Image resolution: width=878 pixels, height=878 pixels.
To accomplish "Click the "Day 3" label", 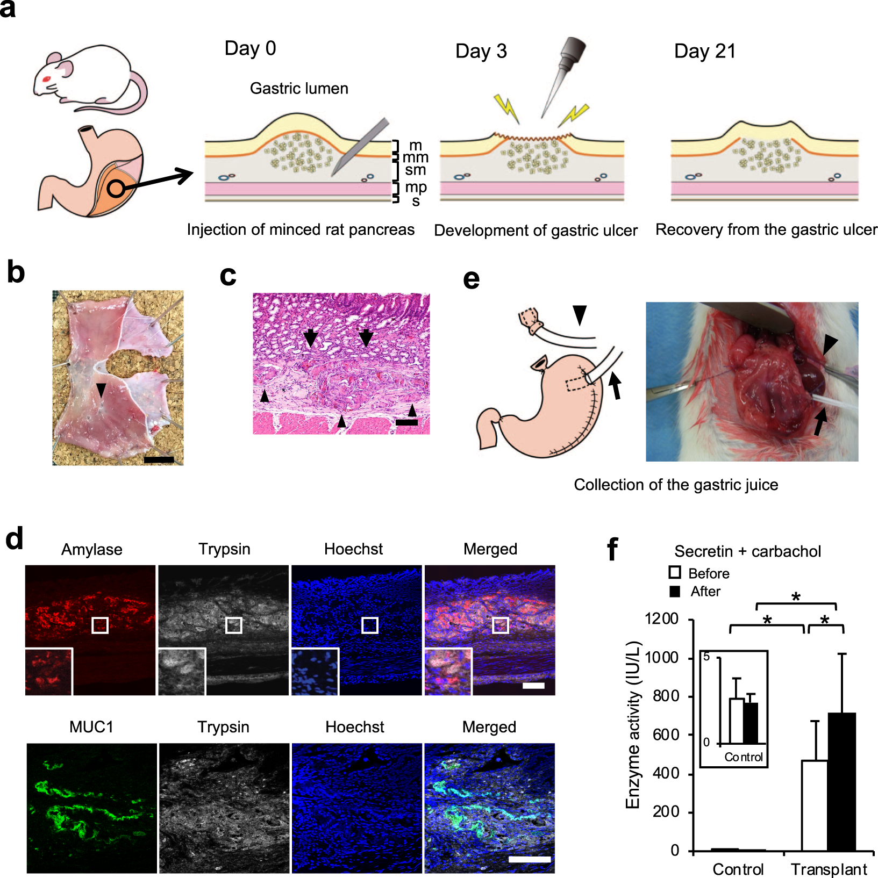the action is coord(481,51).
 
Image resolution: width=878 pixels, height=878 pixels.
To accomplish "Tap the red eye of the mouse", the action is coord(46,79).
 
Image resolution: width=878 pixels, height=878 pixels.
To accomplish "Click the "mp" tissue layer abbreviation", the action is coord(416,187).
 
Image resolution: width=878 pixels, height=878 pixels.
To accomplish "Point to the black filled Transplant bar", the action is coord(841,781).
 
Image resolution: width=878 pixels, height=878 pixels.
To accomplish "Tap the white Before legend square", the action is coord(675,573).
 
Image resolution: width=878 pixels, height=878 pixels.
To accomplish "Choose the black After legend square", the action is coord(675,591).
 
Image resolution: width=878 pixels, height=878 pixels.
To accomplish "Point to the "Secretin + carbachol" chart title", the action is coord(747,551).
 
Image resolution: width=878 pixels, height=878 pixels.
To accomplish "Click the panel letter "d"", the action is coord(15,538).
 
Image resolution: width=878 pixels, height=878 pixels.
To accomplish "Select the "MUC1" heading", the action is coord(91,727).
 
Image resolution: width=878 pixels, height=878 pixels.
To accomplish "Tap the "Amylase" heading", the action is coord(91,549).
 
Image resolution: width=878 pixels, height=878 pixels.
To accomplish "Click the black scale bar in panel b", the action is coord(159,459).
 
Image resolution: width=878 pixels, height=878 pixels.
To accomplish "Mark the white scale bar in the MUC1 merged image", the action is coord(529,859).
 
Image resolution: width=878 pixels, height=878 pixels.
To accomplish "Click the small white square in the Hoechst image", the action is coord(369,625).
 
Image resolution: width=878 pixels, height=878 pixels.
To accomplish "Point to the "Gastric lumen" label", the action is coord(299,88).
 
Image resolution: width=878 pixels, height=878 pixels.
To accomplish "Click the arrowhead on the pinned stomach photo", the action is coord(101,389).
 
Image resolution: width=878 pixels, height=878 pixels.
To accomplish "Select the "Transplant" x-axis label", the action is coord(829,869).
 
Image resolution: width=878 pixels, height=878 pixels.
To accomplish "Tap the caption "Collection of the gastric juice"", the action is coord(676,485).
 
